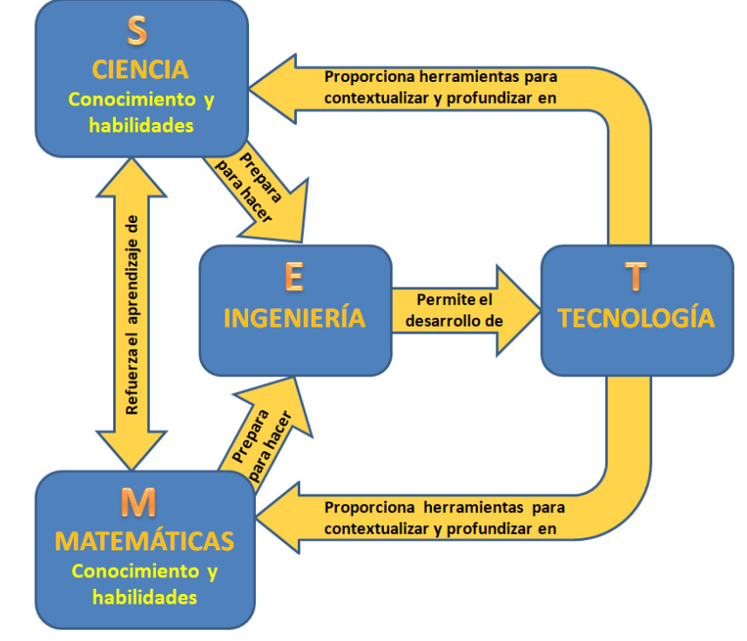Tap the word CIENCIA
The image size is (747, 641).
pos(140,69)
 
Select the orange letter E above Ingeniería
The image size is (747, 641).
pos(294,276)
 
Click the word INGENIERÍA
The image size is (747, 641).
pos(294,318)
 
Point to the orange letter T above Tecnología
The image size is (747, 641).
pos(636,276)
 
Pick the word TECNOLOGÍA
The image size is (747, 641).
pos(636,318)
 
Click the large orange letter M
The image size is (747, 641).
pos(138,503)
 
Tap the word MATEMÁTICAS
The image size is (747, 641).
pos(145,541)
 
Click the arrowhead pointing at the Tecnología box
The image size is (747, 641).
pos(518,309)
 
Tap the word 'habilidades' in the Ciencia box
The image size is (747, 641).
pos(141,125)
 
